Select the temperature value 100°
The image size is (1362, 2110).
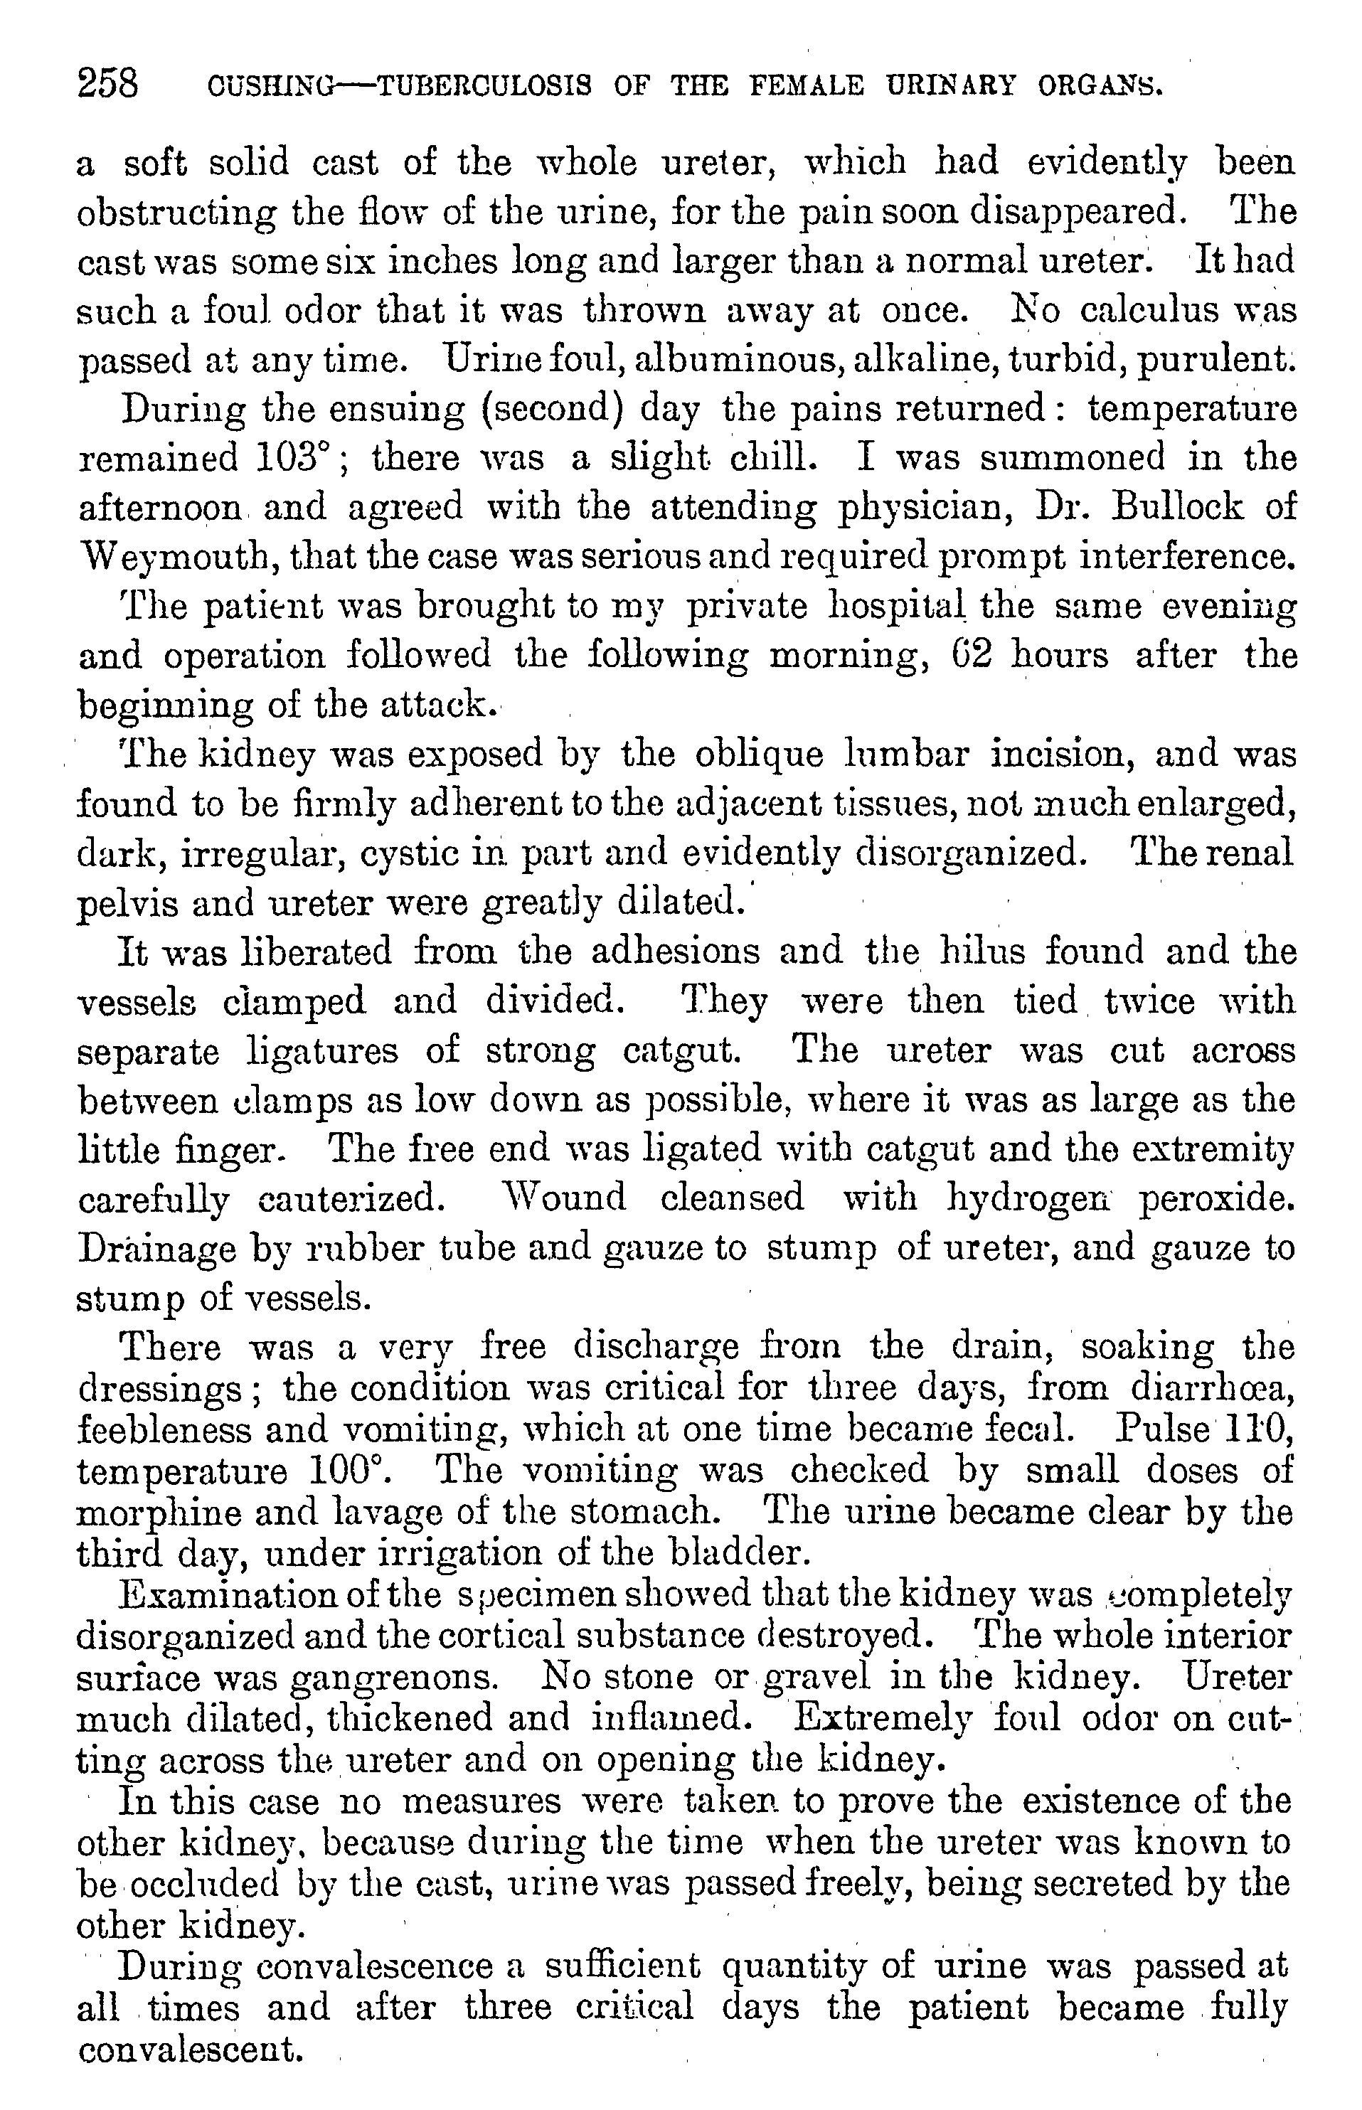pyautogui.click(x=346, y=1471)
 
